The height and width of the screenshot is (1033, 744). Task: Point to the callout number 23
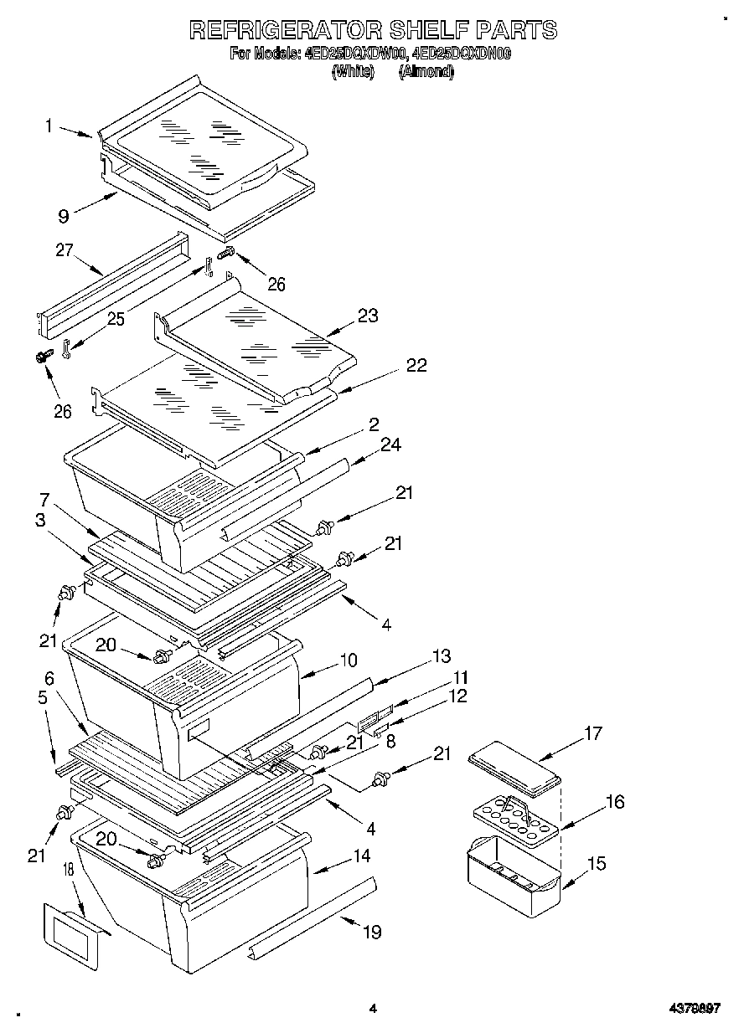368,316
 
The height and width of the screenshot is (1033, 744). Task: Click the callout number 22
416,365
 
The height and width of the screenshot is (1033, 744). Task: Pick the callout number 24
391,445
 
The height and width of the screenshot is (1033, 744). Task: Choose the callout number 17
592,734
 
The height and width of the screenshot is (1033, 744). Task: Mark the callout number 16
615,801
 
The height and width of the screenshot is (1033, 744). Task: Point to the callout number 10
349,660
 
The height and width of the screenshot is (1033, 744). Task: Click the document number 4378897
695,1009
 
